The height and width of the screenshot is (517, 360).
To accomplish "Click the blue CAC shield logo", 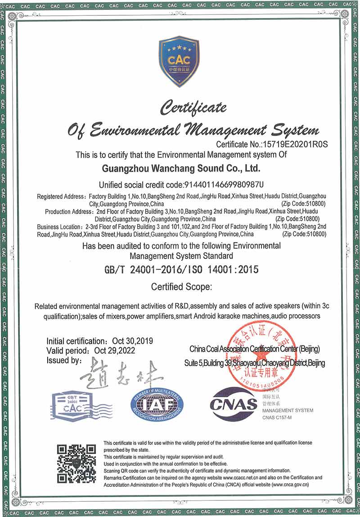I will click(x=179, y=62).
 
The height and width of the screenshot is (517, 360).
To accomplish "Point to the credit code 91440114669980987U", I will click(x=224, y=185).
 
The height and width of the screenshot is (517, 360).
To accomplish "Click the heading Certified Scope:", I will click(x=178, y=286).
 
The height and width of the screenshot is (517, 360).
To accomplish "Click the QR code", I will click(x=76, y=463).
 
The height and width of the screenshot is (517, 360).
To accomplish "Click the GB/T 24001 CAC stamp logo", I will click(x=72, y=407).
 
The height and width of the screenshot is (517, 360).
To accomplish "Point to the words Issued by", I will click(x=63, y=360).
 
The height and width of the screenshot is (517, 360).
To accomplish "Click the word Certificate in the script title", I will click(x=194, y=108).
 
